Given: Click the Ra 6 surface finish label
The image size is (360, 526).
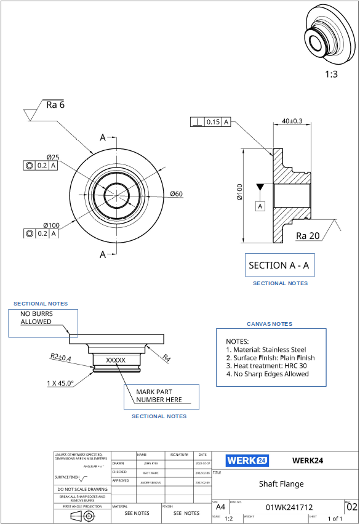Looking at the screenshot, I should coord(55,105).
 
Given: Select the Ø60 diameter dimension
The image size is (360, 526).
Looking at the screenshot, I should coord(176,195).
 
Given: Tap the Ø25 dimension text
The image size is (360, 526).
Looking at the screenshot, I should coord(52,157).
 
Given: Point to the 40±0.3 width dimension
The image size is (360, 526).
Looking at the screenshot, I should coord(292,121).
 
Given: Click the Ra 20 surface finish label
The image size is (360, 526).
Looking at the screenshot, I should coord(308,236).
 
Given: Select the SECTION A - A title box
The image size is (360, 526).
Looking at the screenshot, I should coord(279,265).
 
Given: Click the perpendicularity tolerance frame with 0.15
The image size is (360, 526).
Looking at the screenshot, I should coord(210,122).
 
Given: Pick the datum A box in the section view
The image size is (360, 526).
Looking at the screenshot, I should coord(260,206).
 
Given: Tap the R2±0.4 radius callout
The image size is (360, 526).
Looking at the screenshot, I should coord(60,358).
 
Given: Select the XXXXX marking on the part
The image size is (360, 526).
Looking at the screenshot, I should coord(116,360).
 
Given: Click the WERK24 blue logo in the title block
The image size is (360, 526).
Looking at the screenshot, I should coord(246,460).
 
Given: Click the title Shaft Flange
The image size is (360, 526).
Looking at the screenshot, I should coord(281,484).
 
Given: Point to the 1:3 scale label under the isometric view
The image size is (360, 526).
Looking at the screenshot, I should coord(331,74).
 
